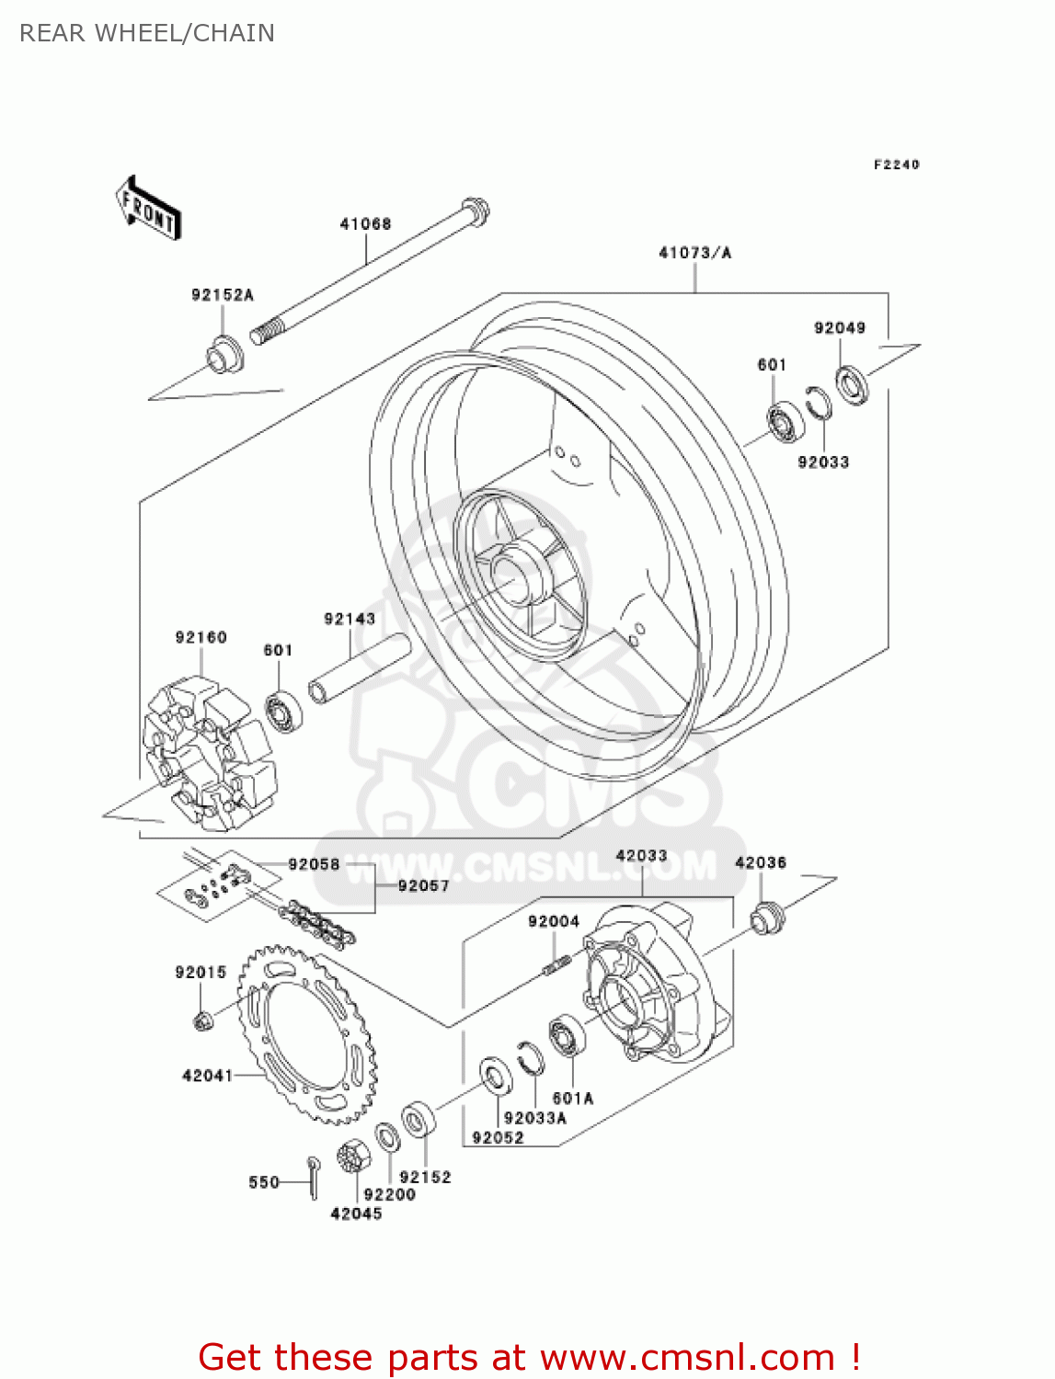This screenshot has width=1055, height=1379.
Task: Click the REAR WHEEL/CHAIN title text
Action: (x=147, y=33)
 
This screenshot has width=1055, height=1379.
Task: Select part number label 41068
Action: (x=365, y=223)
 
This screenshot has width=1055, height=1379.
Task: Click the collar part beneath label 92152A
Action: (x=224, y=355)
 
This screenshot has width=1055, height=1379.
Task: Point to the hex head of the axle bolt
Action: (x=475, y=211)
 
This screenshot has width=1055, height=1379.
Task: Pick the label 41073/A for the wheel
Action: (x=694, y=253)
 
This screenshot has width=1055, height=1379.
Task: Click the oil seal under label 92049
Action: (x=852, y=384)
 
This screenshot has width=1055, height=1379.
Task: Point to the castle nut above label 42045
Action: (x=351, y=1155)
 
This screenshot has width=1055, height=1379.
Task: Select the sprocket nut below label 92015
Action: (x=202, y=1019)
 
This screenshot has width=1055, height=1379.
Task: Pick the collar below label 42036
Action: (x=765, y=918)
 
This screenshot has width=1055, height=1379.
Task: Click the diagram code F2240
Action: (x=896, y=165)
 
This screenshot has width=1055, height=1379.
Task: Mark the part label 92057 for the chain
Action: (x=423, y=885)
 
